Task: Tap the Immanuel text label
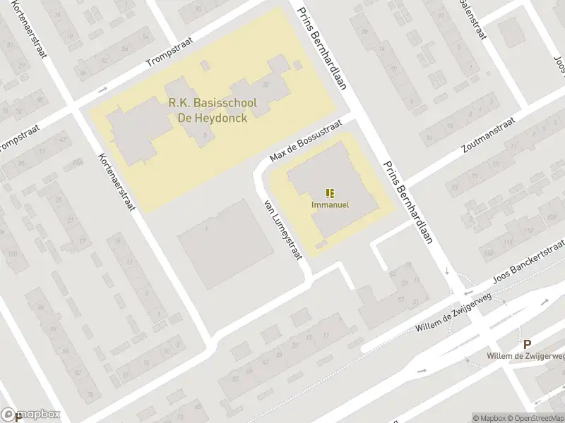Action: point(331,205)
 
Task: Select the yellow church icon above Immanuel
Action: point(330,192)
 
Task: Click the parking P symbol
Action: point(526,344)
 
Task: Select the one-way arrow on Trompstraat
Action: point(103,90)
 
